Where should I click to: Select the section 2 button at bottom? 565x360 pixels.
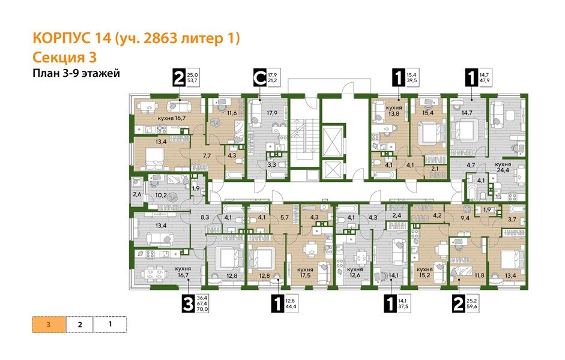click(80, 325)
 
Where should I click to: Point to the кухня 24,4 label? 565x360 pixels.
click(503, 167)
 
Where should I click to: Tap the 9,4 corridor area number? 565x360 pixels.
click(464, 218)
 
